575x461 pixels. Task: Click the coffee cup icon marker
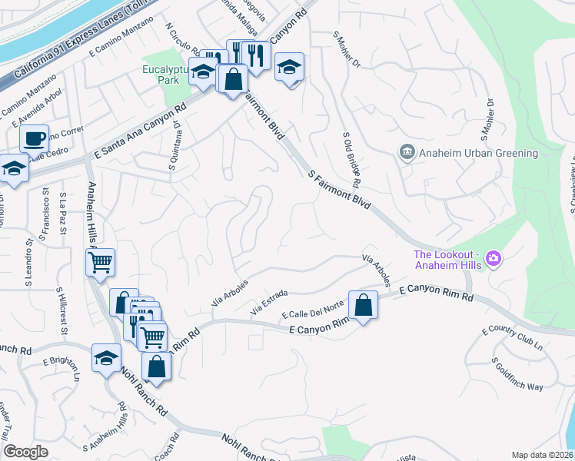34,139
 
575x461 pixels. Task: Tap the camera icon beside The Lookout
494,260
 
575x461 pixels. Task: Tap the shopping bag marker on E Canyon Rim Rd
364,305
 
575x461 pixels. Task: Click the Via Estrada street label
269,302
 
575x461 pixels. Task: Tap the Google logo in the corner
25,452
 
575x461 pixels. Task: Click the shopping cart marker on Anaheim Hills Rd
101,262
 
